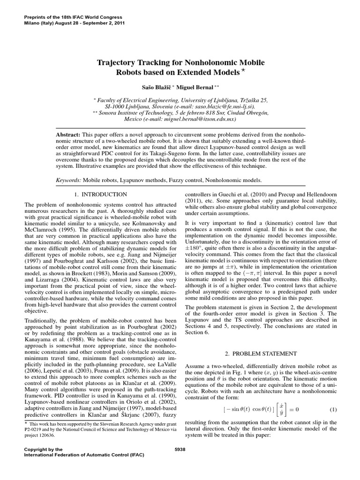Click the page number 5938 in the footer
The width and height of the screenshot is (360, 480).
pos(180,449)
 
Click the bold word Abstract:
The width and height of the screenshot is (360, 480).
pos(68,134)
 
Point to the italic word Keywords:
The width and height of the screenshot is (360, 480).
pos(68,180)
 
